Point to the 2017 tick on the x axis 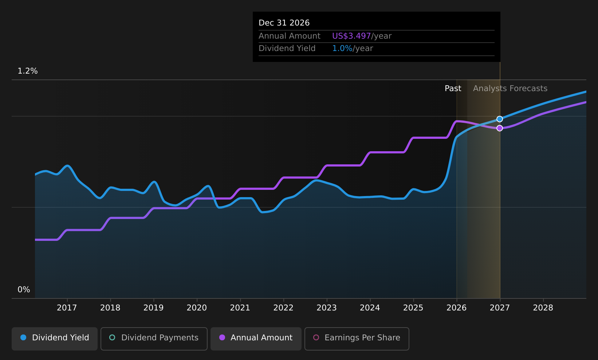[67, 308]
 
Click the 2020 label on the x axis [197, 308]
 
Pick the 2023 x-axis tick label [327, 308]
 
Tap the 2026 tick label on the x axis [456, 308]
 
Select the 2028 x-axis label [543, 308]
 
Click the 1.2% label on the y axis [28, 71]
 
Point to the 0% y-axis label [24, 290]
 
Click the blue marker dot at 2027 [500, 119]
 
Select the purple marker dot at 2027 [500, 128]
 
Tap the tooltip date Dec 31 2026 [284, 23]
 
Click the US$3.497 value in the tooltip [351, 36]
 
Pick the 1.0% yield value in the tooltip [342, 48]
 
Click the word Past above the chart [453, 89]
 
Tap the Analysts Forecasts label [510, 89]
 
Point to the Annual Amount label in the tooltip [290, 36]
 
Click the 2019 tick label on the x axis [153, 308]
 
